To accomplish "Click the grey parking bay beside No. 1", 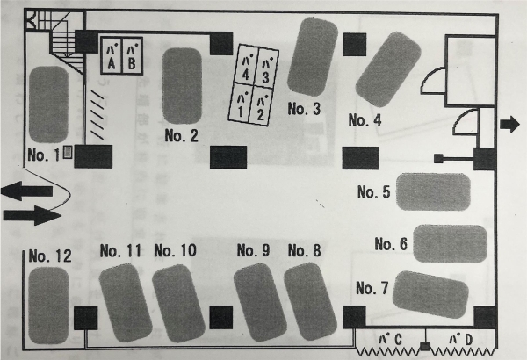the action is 48,104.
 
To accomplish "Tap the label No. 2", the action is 182,135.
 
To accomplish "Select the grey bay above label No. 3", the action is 313,56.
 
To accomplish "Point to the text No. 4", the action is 365,120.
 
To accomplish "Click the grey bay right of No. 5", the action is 433,191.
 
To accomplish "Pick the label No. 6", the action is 391,244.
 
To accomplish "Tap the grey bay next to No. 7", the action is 430,294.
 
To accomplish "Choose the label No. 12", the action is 50,256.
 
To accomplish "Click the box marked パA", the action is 112,55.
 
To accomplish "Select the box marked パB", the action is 132,55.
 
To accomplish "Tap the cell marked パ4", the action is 246,66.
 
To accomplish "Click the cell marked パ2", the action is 260,106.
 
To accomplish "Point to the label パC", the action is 390,340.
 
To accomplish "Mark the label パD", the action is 461,340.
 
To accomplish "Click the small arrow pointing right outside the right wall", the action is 509,125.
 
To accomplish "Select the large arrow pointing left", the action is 27,191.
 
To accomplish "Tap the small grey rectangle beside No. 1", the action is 68,152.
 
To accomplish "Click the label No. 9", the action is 253,250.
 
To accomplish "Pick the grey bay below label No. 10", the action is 178,303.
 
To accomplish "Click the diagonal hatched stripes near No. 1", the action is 97,115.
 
